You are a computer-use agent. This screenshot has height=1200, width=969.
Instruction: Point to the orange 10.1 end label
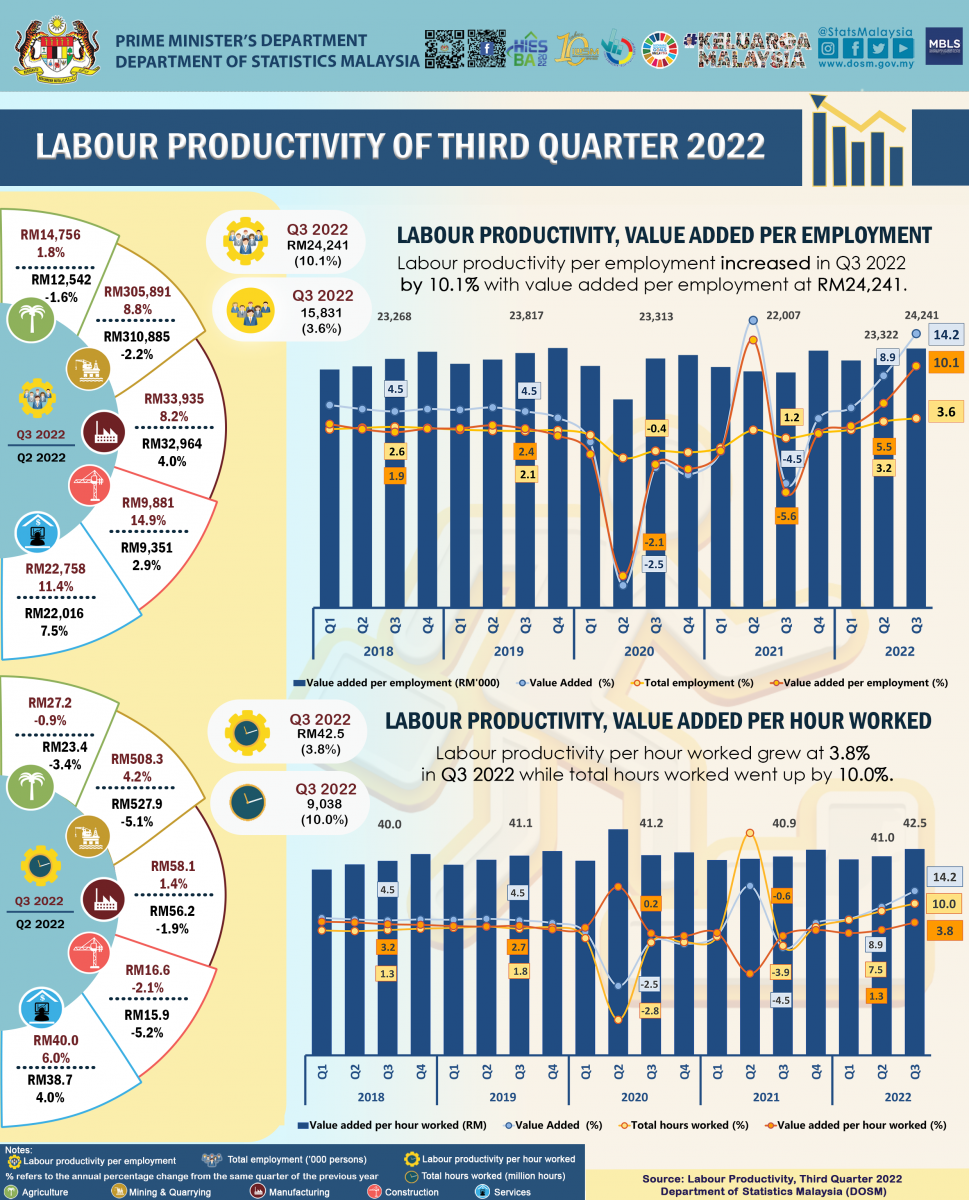pos(943,364)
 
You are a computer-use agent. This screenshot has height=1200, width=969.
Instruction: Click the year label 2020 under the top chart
pos(638,651)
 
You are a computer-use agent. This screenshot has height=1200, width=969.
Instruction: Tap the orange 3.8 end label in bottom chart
pos(943,930)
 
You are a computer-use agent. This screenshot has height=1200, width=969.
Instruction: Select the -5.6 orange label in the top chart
pos(787,516)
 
